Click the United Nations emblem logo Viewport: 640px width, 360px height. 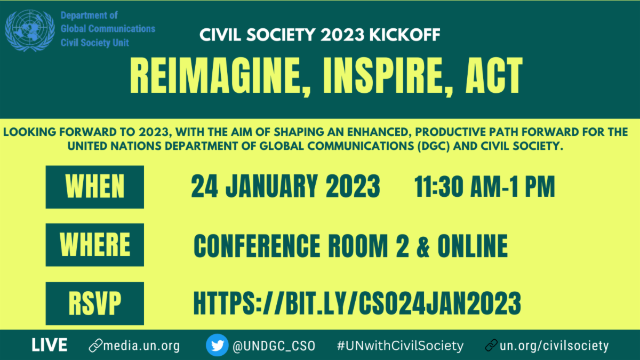tap(30, 30)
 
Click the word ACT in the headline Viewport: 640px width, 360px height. tap(494, 75)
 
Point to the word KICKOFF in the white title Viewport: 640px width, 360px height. tap(405, 35)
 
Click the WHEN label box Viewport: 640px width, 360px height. tap(95, 187)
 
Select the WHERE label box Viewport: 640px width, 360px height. tap(95, 245)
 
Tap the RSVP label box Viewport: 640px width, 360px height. tap(95, 303)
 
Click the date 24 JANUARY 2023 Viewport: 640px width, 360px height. tap(285, 186)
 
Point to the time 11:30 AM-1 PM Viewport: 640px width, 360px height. tap(485, 186)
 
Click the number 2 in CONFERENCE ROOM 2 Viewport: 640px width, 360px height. tap(403, 246)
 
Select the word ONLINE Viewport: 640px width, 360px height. tap(473, 246)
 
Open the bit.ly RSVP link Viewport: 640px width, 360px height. tap(357, 303)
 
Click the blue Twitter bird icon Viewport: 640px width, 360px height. tap(217, 345)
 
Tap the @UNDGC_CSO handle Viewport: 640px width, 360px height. tap(274, 346)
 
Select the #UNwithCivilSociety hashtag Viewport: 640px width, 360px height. tap(401, 346)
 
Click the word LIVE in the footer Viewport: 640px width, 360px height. tap(50, 345)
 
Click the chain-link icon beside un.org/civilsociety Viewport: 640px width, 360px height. tap(491, 345)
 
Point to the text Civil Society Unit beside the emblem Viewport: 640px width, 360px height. tap(94, 43)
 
